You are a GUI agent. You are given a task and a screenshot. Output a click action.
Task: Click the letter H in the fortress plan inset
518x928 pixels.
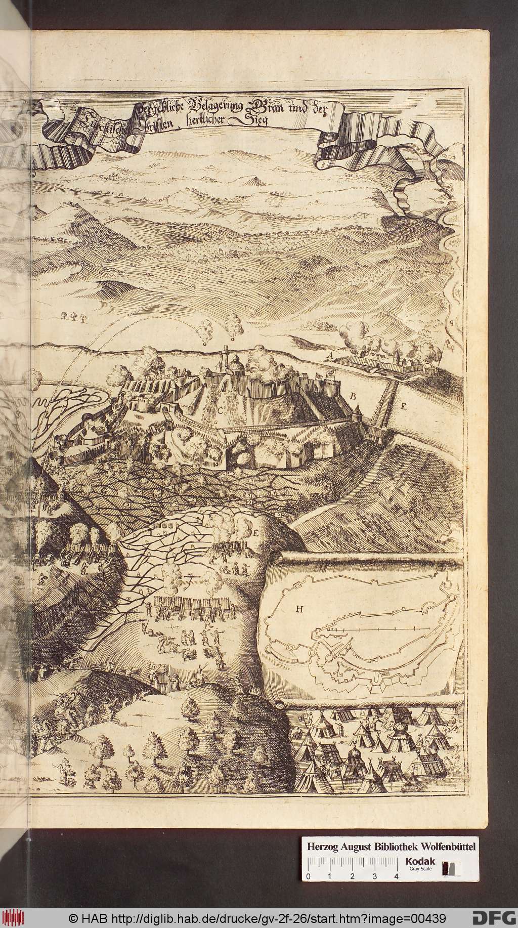pos(299,609)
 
